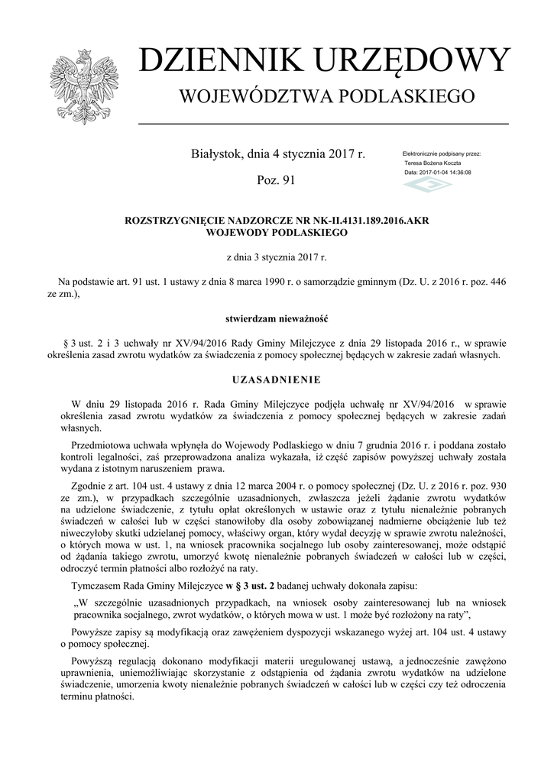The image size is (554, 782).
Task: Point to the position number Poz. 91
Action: tap(277, 180)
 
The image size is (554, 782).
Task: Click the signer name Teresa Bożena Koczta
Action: tap(433, 163)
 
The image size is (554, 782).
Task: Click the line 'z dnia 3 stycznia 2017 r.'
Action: tap(277, 258)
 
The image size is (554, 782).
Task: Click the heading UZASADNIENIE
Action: tap(277, 379)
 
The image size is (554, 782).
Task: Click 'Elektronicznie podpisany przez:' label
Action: tap(442, 154)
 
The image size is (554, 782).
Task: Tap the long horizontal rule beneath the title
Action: tap(323, 123)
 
